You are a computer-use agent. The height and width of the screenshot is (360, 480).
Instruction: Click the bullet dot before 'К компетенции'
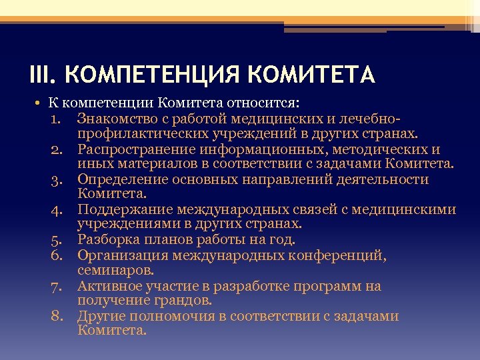(x=32, y=104)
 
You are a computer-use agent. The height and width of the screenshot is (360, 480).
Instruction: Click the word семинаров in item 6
(x=114, y=271)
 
